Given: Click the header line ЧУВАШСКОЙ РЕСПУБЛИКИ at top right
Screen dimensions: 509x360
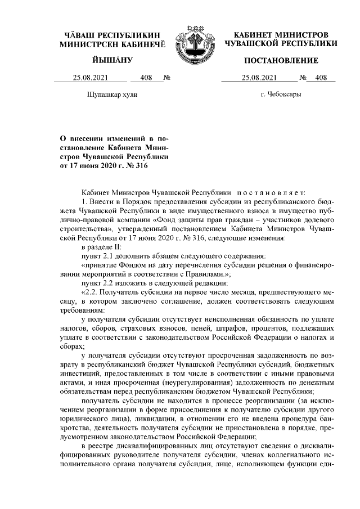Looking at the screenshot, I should pos(281,43).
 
